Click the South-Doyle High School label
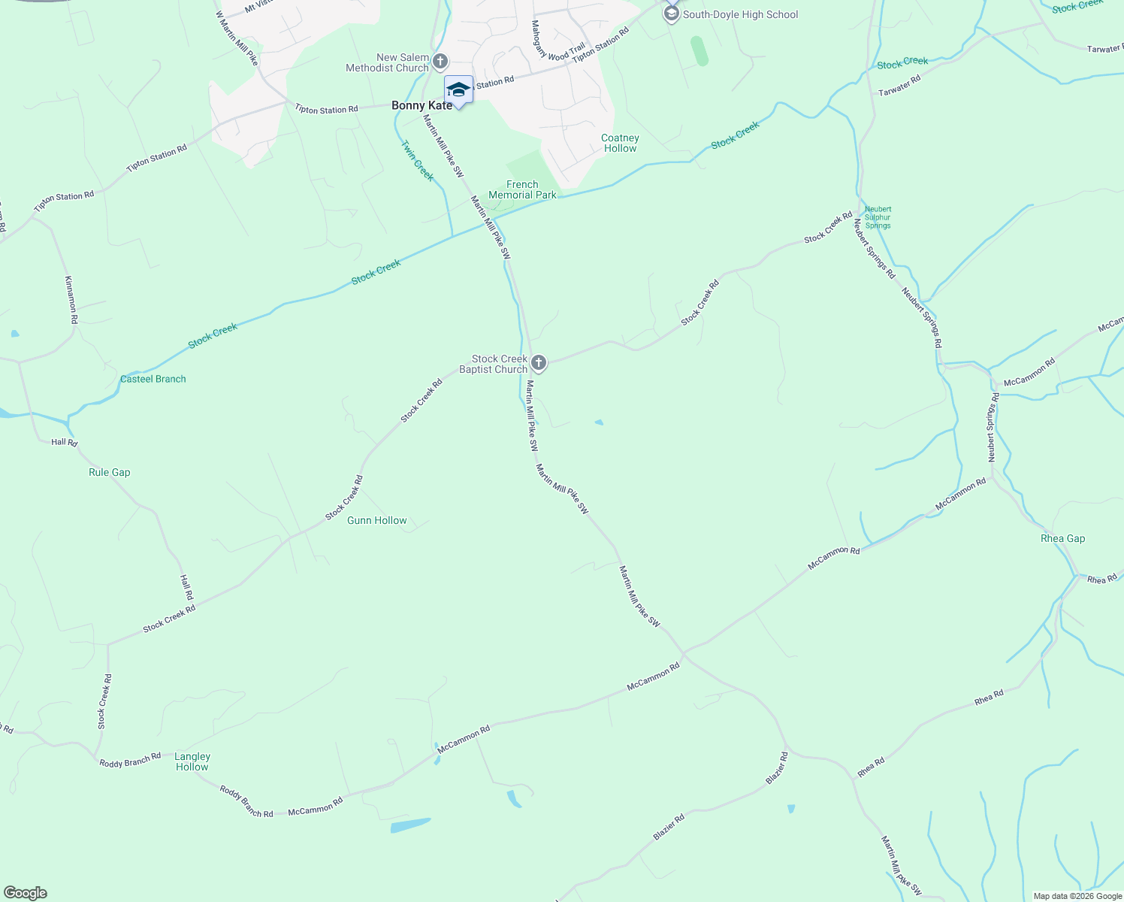click(739, 14)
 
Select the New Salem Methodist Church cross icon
click(440, 62)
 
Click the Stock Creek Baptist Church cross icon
click(538, 364)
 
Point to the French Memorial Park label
click(522, 189)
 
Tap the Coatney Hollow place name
click(620, 143)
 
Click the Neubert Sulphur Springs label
click(878, 217)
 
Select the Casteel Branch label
click(153, 379)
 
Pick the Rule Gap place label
click(110, 472)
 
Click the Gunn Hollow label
click(377, 520)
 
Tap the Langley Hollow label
click(192, 761)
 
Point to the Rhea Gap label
click(1062, 538)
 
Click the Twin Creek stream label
click(417, 161)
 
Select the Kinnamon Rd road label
click(71, 299)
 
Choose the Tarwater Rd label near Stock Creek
click(899, 86)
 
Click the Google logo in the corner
click(25, 893)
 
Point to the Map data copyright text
click(1077, 896)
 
